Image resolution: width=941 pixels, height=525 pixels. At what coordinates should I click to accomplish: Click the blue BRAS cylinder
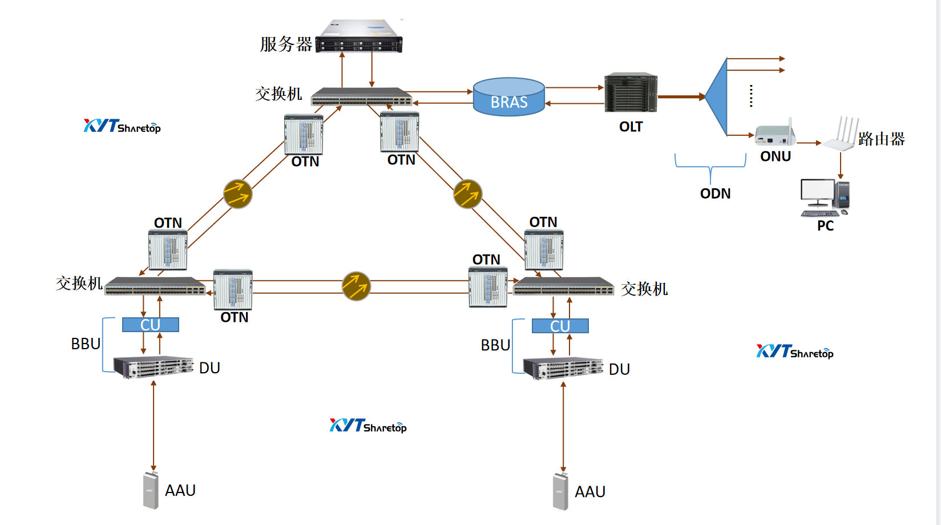pyautogui.click(x=508, y=97)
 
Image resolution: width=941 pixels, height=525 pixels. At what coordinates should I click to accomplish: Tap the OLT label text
pyautogui.click(x=631, y=127)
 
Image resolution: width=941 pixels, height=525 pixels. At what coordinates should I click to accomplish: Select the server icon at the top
pyautogui.click(x=359, y=37)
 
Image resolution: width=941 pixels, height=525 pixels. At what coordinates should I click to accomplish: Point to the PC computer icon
pyautogui.click(x=825, y=197)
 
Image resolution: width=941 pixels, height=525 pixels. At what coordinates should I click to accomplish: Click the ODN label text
pyautogui.click(x=715, y=193)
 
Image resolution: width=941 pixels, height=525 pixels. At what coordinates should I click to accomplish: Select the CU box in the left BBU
pyautogui.click(x=151, y=325)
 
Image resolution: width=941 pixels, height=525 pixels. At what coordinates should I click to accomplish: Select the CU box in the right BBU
pyautogui.click(x=560, y=326)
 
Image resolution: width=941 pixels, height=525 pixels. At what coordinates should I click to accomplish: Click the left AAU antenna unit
pyautogui.click(x=151, y=490)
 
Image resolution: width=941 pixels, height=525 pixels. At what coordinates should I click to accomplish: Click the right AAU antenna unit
pyautogui.click(x=560, y=491)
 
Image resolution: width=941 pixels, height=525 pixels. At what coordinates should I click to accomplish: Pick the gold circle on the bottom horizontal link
pyautogui.click(x=356, y=286)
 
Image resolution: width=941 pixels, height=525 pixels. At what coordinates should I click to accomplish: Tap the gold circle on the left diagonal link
pyautogui.click(x=237, y=194)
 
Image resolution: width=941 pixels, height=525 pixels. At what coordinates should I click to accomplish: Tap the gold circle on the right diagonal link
pyautogui.click(x=467, y=194)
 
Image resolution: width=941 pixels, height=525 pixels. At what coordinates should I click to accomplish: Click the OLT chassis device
pyautogui.click(x=631, y=93)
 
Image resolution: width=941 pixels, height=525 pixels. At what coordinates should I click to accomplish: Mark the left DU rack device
pyautogui.click(x=154, y=367)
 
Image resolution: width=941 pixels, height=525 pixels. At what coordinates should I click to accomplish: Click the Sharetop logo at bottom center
pyautogui.click(x=368, y=426)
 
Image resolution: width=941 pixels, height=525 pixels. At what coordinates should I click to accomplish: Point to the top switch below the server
pyautogui.click(x=361, y=97)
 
